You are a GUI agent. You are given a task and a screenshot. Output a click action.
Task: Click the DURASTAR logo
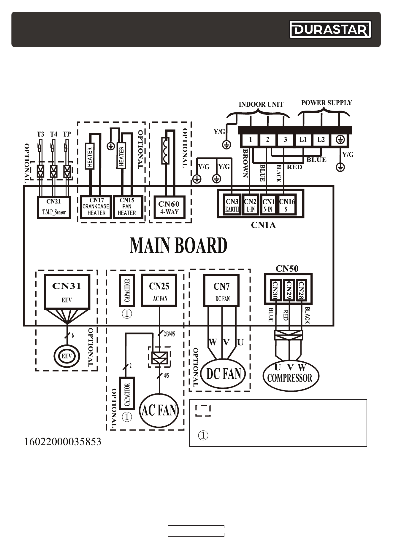(x=330, y=29)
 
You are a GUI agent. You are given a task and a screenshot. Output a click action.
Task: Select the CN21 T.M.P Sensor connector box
(x=54, y=207)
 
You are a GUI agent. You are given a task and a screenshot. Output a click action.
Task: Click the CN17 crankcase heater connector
(x=96, y=207)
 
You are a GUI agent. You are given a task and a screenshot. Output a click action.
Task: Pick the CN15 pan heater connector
(x=127, y=207)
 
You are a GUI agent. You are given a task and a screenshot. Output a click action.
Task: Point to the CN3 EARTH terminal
(x=232, y=205)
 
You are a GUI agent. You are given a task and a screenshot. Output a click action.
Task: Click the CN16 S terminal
(x=287, y=205)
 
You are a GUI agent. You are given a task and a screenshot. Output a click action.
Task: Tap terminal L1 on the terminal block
(x=303, y=139)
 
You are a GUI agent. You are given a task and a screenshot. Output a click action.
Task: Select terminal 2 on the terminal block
(x=268, y=139)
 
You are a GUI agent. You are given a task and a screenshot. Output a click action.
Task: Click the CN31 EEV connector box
(x=67, y=292)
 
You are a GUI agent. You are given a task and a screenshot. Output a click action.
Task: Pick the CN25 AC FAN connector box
(x=159, y=290)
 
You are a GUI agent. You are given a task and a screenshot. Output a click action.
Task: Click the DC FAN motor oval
(x=223, y=374)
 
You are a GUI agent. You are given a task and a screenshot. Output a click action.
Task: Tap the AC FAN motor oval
(x=159, y=411)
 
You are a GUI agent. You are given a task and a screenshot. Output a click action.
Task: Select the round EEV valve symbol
(x=67, y=356)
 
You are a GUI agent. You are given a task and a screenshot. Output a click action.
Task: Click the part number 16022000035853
(x=63, y=442)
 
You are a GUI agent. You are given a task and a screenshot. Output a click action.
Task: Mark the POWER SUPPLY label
(x=327, y=103)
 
